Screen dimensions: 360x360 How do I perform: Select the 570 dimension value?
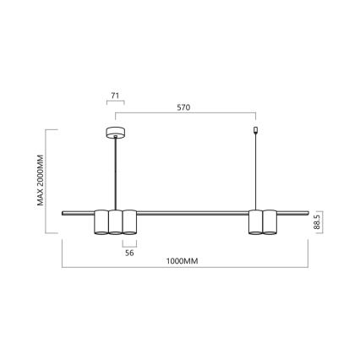click(x=183, y=107)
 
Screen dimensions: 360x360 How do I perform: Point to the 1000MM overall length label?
click(x=182, y=261)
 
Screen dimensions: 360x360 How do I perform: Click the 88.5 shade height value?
click(x=317, y=222)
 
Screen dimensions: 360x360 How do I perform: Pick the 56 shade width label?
click(x=129, y=251)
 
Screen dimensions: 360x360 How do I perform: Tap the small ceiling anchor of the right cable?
click(x=256, y=130)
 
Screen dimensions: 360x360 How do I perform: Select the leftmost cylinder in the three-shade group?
click(x=101, y=221)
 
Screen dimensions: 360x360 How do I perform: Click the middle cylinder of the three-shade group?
click(x=115, y=221)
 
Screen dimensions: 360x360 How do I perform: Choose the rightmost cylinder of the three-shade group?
click(x=129, y=221)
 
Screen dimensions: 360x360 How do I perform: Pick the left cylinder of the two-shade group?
click(x=255, y=221)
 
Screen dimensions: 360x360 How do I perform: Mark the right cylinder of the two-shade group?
click(x=270, y=221)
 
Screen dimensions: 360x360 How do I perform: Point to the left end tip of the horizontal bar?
click(x=63, y=210)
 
